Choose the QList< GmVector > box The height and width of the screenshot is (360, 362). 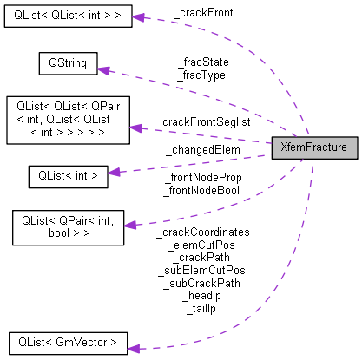(67, 342)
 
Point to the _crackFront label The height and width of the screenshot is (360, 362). (202, 13)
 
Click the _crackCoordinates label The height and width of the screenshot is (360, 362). (201, 232)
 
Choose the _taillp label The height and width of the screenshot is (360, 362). (201, 308)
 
